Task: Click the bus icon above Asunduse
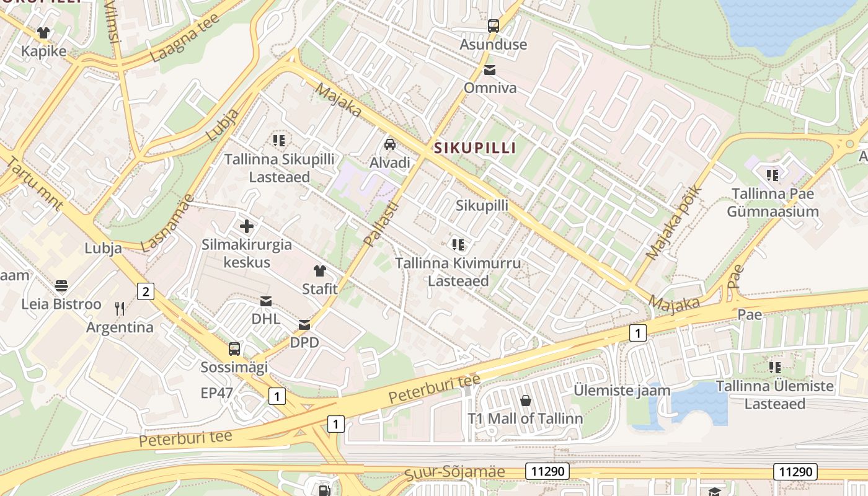(x=494, y=26)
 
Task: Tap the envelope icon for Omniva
(x=490, y=69)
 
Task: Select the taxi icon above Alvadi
(x=390, y=144)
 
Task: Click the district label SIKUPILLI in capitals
(x=475, y=148)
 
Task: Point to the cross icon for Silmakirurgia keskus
(x=247, y=226)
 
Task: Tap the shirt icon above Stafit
(x=319, y=270)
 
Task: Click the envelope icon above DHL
(x=265, y=301)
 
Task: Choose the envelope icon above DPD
(x=304, y=324)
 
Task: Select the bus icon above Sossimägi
(x=234, y=348)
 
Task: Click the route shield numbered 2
(x=145, y=291)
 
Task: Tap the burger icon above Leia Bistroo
(x=61, y=286)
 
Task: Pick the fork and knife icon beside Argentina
(x=120, y=309)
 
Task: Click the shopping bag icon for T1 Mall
(x=525, y=401)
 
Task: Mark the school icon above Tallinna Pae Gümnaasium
(x=772, y=175)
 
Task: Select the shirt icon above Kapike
(x=43, y=33)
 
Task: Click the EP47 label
(x=217, y=392)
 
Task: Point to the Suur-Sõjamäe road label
(x=455, y=472)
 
